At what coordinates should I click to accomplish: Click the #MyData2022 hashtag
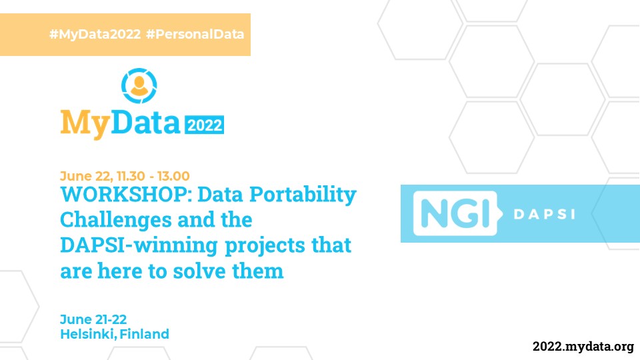[95, 34]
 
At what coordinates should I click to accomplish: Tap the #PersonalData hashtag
[195, 34]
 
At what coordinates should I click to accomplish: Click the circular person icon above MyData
[139, 86]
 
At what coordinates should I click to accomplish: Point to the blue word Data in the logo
[146, 121]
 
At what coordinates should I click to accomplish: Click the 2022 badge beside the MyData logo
[205, 125]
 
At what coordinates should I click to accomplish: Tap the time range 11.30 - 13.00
[153, 176]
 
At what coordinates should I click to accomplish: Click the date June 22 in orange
[87, 176]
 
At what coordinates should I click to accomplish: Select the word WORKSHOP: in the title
[126, 194]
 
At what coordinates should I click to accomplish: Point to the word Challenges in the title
[116, 221]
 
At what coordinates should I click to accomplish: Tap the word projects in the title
[265, 246]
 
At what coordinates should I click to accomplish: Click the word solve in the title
[199, 271]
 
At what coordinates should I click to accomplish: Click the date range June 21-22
[93, 319]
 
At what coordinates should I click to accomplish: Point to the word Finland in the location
[144, 334]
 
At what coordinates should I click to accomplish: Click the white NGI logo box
[455, 213]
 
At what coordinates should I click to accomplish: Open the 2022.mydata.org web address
[583, 347]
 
